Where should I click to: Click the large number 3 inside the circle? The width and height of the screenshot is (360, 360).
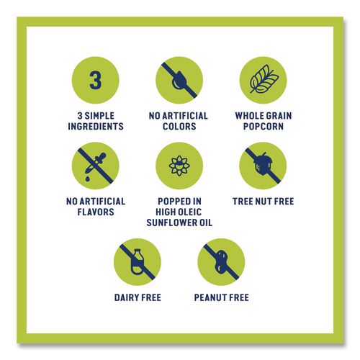(95, 80)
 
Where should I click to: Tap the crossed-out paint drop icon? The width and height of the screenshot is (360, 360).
(179, 80)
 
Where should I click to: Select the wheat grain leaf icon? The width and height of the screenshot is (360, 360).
(264, 78)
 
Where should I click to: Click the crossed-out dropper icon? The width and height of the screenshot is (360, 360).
(95, 166)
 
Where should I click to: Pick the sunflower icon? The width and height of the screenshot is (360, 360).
(179, 166)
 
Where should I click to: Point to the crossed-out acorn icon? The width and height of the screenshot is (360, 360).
(263, 166)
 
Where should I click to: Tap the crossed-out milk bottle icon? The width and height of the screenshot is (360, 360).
(138, 262)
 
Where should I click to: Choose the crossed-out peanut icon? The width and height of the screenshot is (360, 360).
(221, 262)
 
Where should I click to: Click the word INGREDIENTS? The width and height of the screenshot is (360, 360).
(96, 126)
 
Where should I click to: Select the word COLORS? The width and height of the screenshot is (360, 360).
(179, 126)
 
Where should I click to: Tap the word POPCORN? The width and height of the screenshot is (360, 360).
(264, 126)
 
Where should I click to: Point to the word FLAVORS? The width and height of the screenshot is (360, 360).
(96, 212)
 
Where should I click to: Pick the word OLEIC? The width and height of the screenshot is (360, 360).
(189, 212)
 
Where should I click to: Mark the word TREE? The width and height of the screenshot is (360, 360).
(243, 202)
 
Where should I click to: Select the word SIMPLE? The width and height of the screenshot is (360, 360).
(99, 116)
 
